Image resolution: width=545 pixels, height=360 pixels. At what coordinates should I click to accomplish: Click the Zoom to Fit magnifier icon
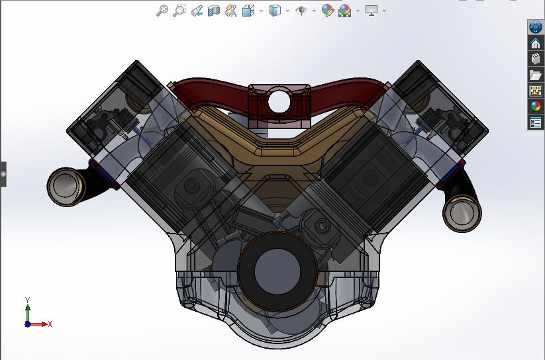(x=162, y=11)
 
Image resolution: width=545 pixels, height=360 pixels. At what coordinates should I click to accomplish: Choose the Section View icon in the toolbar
(x=213, y=11)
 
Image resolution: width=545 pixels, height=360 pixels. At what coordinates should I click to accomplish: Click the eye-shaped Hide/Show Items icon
(x=301, y=11)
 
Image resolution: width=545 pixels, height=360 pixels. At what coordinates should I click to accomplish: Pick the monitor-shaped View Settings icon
(x=372, y=11)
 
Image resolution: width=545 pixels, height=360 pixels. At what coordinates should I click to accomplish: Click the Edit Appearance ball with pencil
(x=327, y=11)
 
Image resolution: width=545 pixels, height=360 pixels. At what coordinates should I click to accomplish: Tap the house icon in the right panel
(x=535, y=43)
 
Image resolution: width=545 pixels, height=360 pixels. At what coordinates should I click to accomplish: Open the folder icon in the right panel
(x=535, y=75)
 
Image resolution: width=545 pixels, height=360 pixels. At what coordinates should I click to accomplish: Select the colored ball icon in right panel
(x=535, y=106)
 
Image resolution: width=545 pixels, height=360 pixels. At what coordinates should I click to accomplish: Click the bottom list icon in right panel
(x=535, y=122)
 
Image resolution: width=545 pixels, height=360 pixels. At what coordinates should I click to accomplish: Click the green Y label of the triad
(x=28, y=300)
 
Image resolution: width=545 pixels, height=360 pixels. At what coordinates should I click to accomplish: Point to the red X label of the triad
(x=50, y=324)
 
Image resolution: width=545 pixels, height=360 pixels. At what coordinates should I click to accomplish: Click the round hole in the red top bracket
(x=279, y=101)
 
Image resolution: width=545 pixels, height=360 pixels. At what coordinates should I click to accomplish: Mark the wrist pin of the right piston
(x=322, y=226)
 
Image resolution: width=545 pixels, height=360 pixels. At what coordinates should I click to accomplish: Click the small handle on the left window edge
(x=3, y=174)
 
